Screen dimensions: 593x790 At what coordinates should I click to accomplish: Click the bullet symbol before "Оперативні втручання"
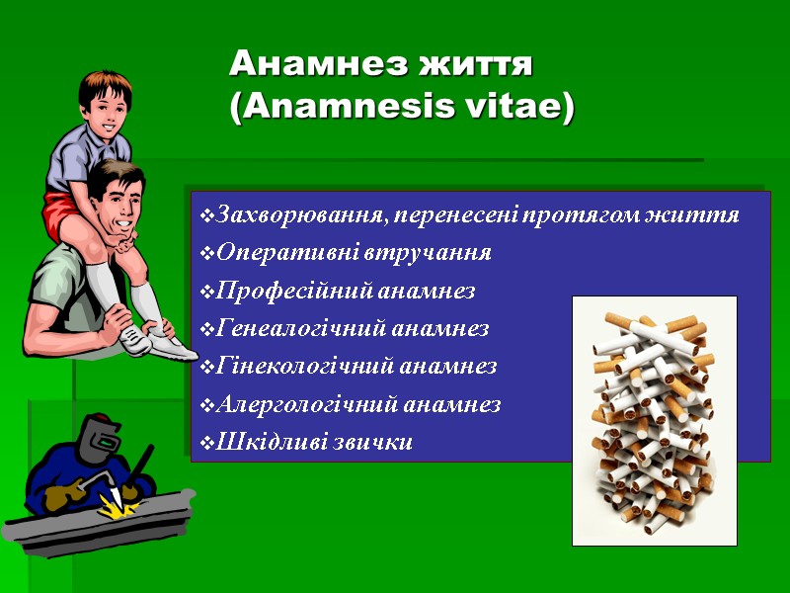tap(205, 254)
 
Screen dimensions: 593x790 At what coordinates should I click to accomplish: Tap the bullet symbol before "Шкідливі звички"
tap(205, 443)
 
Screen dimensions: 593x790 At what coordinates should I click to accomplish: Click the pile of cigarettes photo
tap(655, 419)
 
